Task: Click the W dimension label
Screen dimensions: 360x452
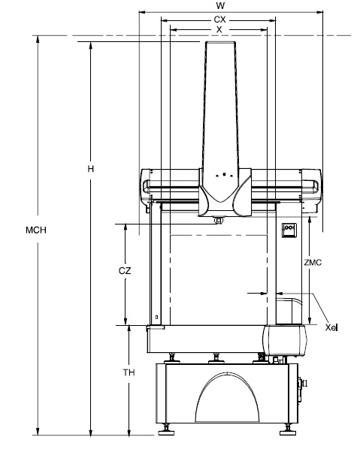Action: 219,5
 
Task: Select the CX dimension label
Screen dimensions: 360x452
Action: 219,20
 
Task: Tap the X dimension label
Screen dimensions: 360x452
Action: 219,29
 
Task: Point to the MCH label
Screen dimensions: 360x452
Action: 36,230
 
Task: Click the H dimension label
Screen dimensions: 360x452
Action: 91,169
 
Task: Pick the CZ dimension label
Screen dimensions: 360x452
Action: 125,271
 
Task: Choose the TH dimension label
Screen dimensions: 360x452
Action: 129,372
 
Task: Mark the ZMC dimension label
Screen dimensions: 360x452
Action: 313,263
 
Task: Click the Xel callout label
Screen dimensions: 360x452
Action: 331,327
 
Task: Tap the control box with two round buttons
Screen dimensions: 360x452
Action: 289,230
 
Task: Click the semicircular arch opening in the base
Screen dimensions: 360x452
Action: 227,397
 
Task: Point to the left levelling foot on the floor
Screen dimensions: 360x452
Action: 166,430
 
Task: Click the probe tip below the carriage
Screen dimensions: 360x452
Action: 219,220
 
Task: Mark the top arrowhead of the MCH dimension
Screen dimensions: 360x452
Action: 38,39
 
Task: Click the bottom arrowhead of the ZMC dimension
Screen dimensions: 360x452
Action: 310,321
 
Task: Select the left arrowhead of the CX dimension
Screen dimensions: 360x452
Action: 165,20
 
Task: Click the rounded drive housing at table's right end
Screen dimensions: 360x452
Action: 285,340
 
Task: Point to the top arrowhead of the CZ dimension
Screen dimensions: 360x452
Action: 126,228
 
